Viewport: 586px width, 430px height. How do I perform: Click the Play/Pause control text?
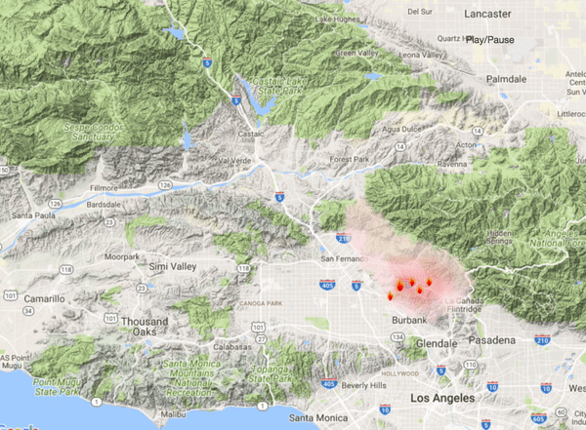(492, 40)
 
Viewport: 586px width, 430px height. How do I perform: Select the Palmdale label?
(507, 77)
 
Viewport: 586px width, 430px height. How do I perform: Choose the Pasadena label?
(490, 340)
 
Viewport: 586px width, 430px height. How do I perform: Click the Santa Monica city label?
(323, 418)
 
